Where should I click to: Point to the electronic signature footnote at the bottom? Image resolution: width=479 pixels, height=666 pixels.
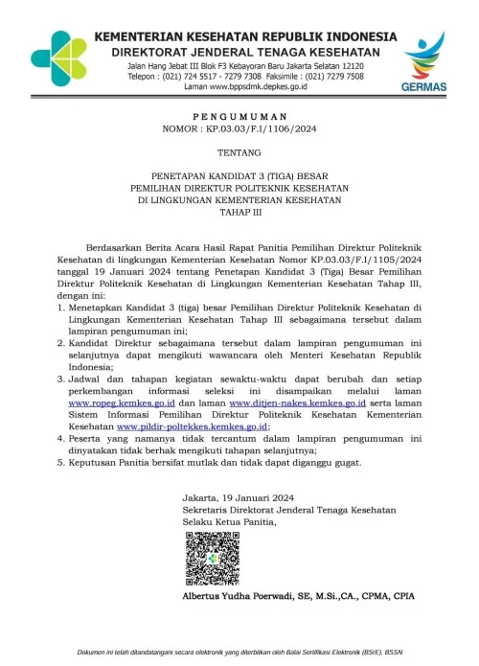(239, 653)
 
